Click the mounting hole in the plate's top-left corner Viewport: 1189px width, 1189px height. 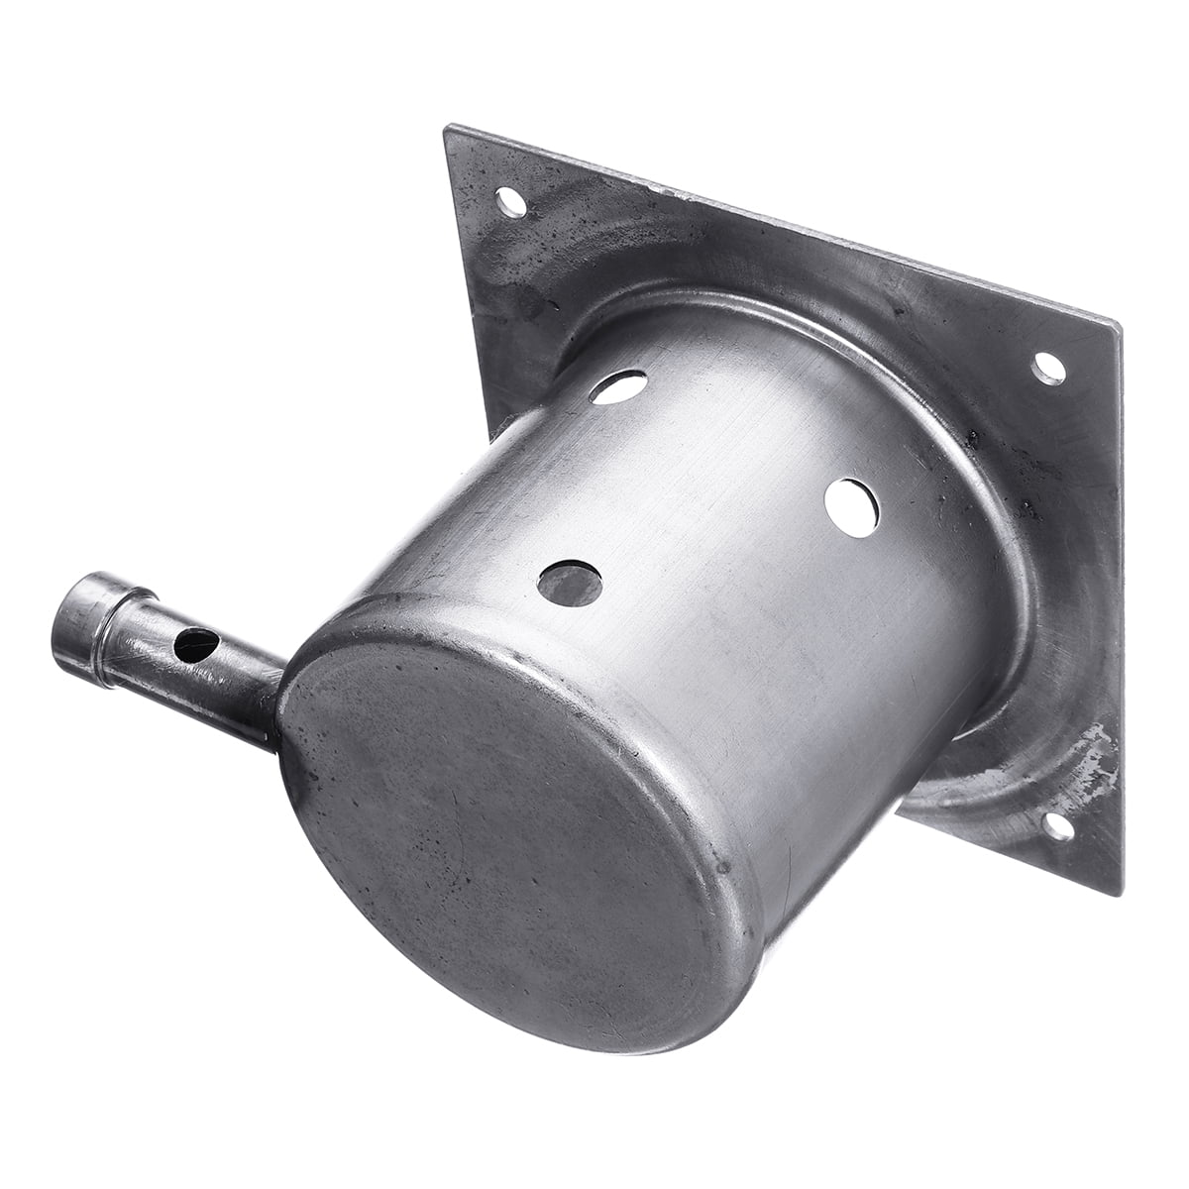[511, 204]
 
